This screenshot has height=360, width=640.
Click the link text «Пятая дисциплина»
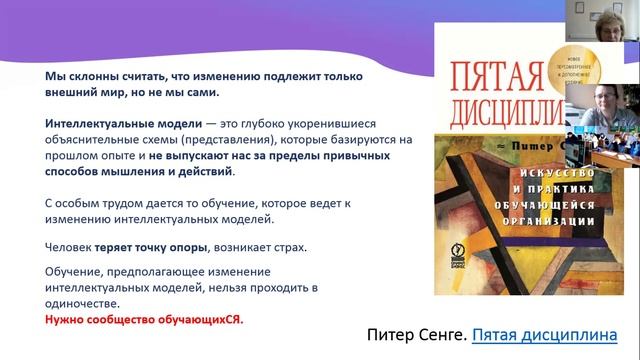point(544,334)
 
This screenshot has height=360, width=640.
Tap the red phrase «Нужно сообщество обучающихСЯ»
point(144,320)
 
